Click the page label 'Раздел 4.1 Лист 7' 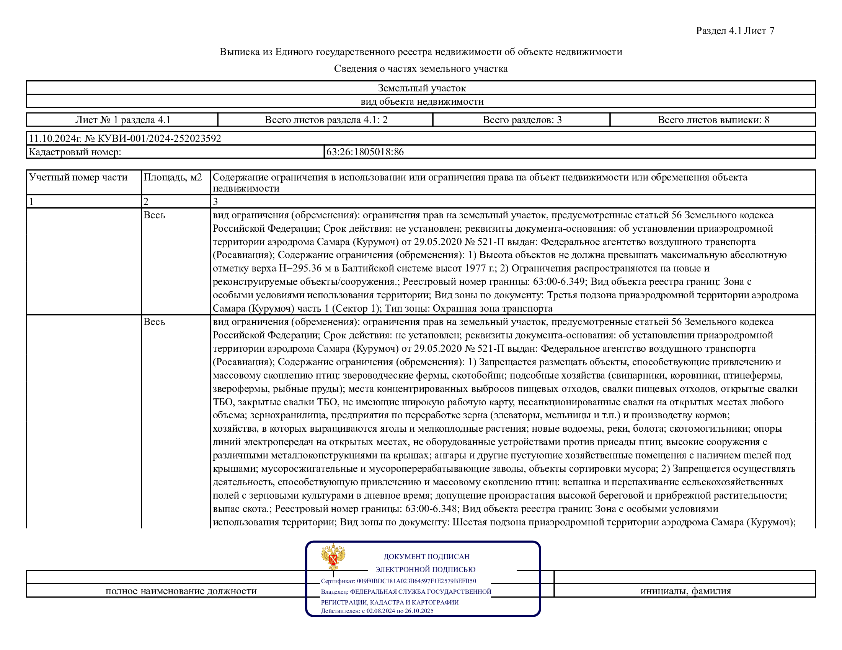[735, 31]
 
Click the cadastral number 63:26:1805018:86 [365, 152]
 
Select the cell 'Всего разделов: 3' [522, 120]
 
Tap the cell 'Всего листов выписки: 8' [713, 120]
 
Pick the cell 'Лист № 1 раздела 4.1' [122, 120]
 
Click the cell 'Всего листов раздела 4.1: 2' [326, 120]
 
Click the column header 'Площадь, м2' [173, 177]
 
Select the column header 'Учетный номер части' [78, 177]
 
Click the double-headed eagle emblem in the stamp [333, 556]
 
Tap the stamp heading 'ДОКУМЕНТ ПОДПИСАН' [426, 556]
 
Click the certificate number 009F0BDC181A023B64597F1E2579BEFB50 [416, 581]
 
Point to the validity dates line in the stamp [377, 611]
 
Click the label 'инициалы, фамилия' [685, 591]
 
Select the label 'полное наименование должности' [181, 591]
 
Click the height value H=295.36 [300, 268]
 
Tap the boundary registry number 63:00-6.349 [559, 281]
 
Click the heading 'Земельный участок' [422, 88]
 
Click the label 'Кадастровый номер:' [75, 152]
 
